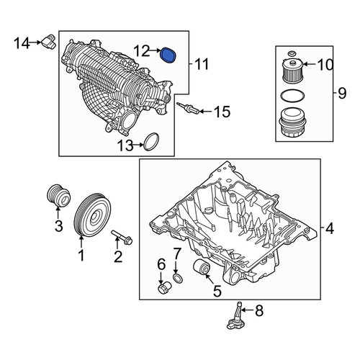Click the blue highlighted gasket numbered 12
click(168, 55)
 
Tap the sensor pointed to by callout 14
click(49, 42)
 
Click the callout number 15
click(222, 112)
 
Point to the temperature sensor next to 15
click(188, 108)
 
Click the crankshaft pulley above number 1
click(92, 215)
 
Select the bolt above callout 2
click(122, 237)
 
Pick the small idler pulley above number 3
click(58, 195)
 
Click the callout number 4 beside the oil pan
click(330, 228)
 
